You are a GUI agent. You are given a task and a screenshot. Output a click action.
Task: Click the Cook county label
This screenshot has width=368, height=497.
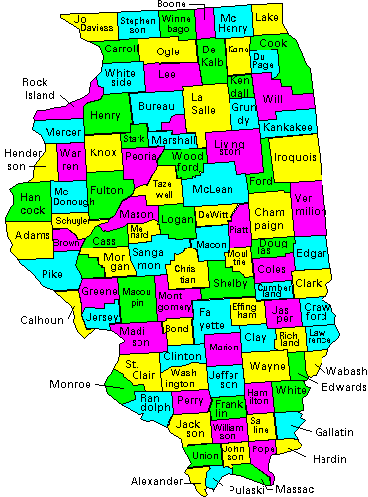pos(274,44)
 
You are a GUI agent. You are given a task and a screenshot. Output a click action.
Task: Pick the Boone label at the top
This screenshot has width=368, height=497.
pos(173,5)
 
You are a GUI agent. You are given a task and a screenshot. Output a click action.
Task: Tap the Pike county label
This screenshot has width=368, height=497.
pos(52,272)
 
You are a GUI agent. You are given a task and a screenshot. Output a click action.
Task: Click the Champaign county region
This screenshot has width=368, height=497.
pos(269,219)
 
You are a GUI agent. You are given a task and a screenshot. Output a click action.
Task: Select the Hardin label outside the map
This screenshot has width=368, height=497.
pos(328,459)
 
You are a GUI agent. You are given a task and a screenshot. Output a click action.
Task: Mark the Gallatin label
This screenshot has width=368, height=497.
pos(335,432)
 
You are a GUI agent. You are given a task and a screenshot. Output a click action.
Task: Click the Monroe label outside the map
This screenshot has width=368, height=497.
pos(70,384)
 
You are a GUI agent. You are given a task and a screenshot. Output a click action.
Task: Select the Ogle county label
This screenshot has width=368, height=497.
pos(167,51)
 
